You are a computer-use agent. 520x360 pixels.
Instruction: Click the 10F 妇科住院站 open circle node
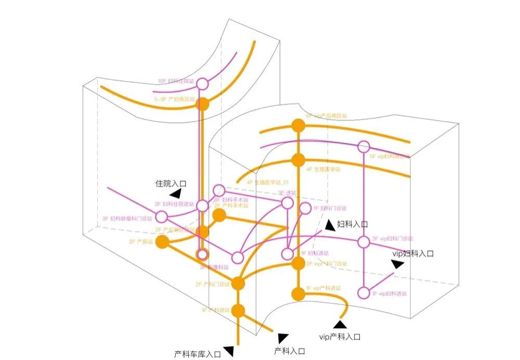pos(203,84)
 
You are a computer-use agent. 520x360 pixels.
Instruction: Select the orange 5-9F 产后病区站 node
pos(203,104)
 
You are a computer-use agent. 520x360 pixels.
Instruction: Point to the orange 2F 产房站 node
pos(163,241)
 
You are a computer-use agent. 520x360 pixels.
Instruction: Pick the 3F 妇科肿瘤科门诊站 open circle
pos(162,217)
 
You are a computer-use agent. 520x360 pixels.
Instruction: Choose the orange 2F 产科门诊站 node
pos(238,283)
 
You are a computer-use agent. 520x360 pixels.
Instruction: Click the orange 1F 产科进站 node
pos(238,311)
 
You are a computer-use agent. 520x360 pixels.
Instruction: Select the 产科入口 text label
pos(289,351)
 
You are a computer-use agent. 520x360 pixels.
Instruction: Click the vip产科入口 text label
pos(340,337)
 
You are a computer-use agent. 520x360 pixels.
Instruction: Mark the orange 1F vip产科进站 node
pos(298,294)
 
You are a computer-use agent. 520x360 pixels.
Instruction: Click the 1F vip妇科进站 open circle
pos(364,293)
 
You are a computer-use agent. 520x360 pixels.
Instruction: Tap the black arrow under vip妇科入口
pos(398,264)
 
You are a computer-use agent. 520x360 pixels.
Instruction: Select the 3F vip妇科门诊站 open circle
pos(364,242)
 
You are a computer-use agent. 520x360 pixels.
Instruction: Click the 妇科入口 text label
pos(352,224)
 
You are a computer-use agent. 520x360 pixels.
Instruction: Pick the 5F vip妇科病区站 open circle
pos(364,147)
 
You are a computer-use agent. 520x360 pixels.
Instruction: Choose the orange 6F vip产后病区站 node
pos(298,125)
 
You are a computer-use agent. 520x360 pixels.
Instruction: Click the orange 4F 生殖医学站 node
pos(298,160)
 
